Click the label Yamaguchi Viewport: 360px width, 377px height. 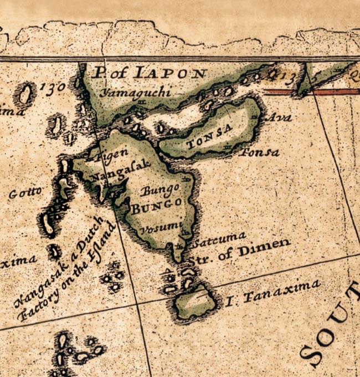click(x=135, y=93)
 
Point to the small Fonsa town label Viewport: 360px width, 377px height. click(x=258, y=151)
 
